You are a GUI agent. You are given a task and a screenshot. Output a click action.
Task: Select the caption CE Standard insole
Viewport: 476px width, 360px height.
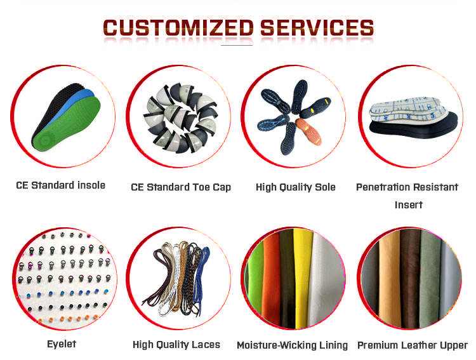pyautogui.click(x=60, y=185)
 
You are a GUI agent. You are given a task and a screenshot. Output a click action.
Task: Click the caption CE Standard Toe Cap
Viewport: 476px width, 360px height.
pyautogui.click(x=181, y=187)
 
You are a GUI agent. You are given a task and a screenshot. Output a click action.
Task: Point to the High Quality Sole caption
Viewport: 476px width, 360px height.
pyautogui.click(x=295, y=187)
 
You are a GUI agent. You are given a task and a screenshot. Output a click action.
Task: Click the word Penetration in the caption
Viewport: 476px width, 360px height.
pyautogui.click(x=381, y=187)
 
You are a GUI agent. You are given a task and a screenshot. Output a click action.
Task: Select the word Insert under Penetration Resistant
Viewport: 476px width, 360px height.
pyautogui.click(x=408, y=204)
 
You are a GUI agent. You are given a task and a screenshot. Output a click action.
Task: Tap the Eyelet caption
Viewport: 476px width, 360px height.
pyautogui.click(x=61, y=343)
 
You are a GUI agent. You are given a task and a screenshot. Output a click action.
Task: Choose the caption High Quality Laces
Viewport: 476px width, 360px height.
pyautogui.click(x=176, y=344)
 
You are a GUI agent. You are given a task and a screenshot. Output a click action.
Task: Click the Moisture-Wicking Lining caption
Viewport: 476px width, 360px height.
pyautogui.click(x=292, y=345)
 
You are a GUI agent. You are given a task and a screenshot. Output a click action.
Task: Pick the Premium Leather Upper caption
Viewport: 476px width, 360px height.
pyautogui.click(x=412, y=345)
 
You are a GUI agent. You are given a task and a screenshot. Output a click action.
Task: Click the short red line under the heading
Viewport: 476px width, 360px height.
pyautogui.click(x=237, y=45)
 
